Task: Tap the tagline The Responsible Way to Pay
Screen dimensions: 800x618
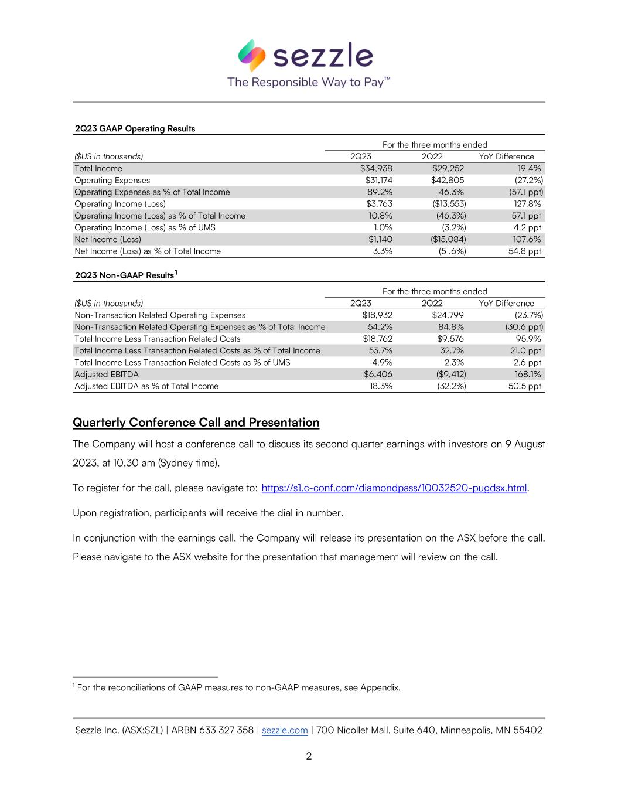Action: click(x=309, y=82)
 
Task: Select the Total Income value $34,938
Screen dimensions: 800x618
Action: click(x=376, y=169)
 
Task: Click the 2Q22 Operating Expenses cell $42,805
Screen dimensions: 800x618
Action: click(x=448, y=181)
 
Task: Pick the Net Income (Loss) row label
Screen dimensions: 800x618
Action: click(x=108, y=239)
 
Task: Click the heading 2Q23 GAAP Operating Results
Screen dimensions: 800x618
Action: click(x=135, y=129)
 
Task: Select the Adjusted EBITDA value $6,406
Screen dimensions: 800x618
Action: click(x=378, y=374)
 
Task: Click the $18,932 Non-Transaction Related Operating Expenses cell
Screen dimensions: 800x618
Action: click(x=377, y=315)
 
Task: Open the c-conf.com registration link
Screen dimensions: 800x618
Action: click(x=394, y=488)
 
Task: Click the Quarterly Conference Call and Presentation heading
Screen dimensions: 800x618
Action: click(x=196, y=423)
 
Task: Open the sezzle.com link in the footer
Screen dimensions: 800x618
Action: click(x=285, y=730)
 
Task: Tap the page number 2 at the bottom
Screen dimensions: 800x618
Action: click(x=309, y=756)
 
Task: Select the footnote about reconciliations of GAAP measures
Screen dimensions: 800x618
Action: click(x=237, y=687)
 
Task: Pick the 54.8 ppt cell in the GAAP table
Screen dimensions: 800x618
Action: click(x=525, y=251)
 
